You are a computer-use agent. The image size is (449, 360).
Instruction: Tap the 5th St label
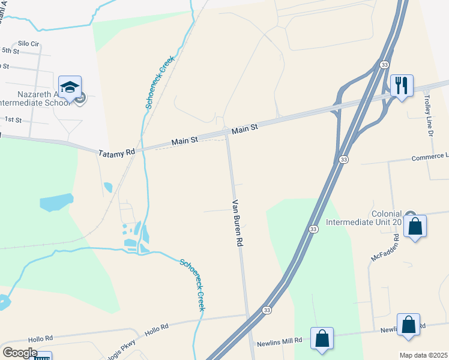11,50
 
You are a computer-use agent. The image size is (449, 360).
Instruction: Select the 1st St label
13,120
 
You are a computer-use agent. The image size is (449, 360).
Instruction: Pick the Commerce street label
430,158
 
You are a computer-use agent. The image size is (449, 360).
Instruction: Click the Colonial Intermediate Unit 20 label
363,217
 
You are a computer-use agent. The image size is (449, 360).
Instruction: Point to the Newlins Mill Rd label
279,341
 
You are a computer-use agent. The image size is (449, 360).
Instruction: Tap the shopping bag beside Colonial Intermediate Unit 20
415,226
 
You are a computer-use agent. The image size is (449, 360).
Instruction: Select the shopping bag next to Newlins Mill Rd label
322,338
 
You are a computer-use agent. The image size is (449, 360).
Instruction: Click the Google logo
20,353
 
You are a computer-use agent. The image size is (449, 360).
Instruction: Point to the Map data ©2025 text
423,355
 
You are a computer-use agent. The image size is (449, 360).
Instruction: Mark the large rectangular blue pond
56,202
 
